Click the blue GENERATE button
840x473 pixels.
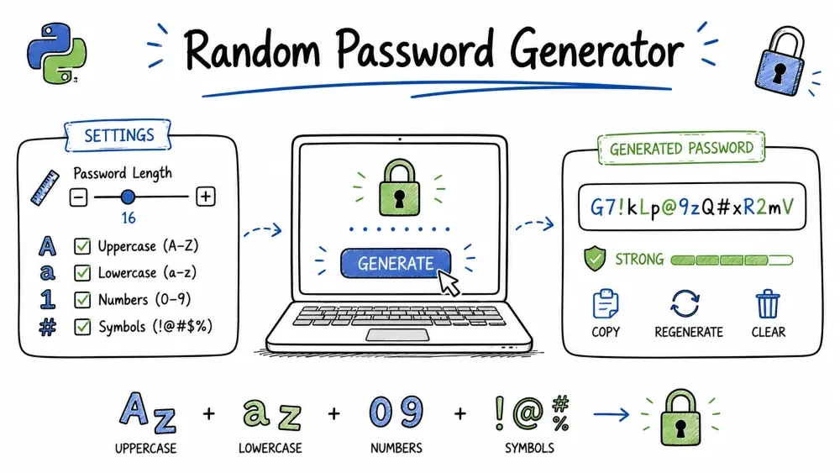tap(396, 263)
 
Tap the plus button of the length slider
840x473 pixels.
tap(206, 197)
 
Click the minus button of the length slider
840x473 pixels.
tap(78, 197)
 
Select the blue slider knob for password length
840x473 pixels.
tap(128, 197)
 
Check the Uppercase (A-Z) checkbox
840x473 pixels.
tap(82, 246)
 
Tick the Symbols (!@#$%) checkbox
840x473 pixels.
tap(82, 326)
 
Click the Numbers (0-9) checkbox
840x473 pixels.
tap(82, 299)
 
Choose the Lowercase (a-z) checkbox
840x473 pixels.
tap(82, 273)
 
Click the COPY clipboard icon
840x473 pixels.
tap(606, 304)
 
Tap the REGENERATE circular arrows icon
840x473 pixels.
tap(685, 304)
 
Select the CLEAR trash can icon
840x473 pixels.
tap(768, 304)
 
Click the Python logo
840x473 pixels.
tap(57, 53)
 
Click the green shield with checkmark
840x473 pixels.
tap(595, 259)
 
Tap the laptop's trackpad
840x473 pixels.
tap(397, 335)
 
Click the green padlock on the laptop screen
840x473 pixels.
tap(399, 187)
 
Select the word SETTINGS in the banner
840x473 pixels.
tap(119, 135)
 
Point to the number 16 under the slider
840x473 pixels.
tap(128, 218)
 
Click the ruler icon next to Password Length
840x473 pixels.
tap(45, 188)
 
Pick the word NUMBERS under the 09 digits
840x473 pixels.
tap(396, 448)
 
